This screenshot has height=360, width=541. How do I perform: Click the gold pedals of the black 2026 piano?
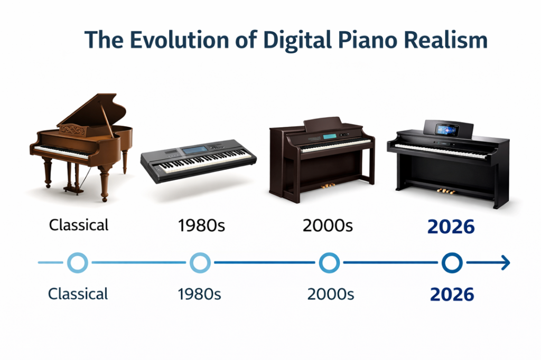coord(446,191)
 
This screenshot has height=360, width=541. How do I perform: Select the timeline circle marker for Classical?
coord(78,262)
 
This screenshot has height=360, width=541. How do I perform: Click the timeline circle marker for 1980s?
coord(200,262)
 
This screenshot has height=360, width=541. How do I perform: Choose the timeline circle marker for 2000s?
coord(329,262)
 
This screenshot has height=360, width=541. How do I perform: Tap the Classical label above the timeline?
coord(78,225)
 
